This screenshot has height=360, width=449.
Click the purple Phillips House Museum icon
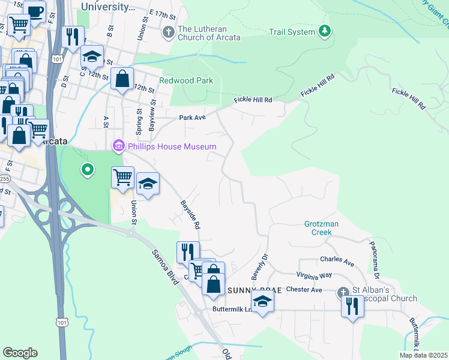118,146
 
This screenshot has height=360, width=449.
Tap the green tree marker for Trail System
325,31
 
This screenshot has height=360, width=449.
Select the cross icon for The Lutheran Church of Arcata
169,31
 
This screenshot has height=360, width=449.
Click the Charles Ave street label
337,262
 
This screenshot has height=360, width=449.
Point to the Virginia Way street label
314,275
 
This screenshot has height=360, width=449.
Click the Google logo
20,353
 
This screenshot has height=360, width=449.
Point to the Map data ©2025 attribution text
423,355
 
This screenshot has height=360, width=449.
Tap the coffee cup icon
35,12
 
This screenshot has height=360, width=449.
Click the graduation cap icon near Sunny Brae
262,302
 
